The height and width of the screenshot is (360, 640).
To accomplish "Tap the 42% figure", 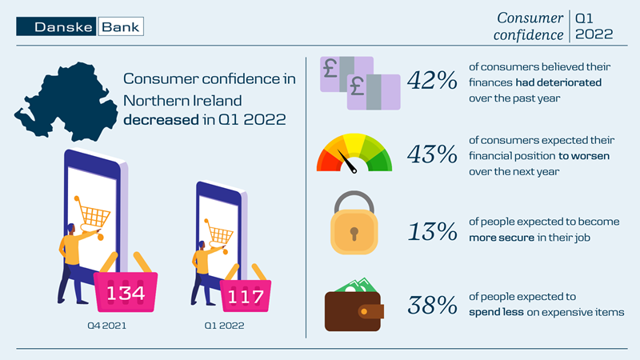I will click(x=432, y=81).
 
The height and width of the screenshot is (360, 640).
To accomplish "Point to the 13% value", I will click(x=432, y=232).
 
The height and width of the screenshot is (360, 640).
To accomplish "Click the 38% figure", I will click(x=432, y=305).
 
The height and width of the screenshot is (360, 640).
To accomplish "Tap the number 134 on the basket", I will click(x=126, y=293).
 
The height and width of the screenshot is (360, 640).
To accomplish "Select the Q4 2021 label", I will click(x=106, y=326).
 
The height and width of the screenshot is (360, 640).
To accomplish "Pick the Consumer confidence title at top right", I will click(x=530, y=26).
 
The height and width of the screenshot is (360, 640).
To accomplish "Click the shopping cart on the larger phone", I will click(x=94, y=215).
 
